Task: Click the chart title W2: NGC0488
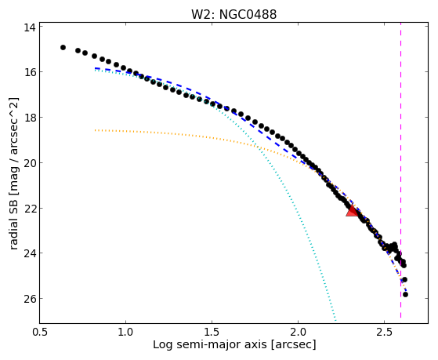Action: pos(233,15)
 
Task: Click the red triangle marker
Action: pos(353,211)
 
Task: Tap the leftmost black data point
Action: pos(63,48)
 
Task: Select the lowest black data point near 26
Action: pos(405,294)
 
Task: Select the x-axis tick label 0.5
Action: pos(40,332)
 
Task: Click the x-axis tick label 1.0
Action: pos(125,332)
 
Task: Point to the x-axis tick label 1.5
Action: pos(212,332)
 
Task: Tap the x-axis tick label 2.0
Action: pos(298,332)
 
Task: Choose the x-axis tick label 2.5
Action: pos(385,332)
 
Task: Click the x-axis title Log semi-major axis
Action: pos(210,345)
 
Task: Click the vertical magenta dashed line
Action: pos(401,170)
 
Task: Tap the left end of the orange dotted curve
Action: pos(96,130)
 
